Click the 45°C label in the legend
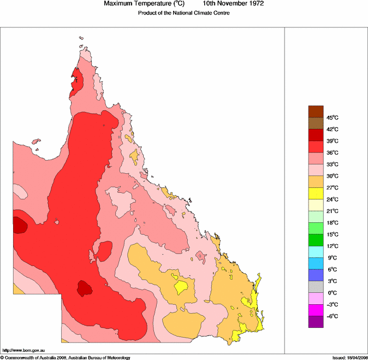[333, 118]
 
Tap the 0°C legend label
[333, 293]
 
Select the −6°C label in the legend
[333, 317]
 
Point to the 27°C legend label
[333, 188]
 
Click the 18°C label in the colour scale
[333, 223]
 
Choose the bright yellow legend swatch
[316, 193]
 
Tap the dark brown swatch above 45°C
[316, 111]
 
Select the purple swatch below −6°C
[316, 322]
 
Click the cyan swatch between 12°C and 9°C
[316, 252]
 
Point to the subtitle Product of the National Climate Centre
[183, 13]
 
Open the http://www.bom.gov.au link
[23, 350]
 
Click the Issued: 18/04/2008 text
[349, 358]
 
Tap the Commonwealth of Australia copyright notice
[66, 358]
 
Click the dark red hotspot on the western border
[20, 225]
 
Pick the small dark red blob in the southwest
[85, 288]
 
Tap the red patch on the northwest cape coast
[76, 83]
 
